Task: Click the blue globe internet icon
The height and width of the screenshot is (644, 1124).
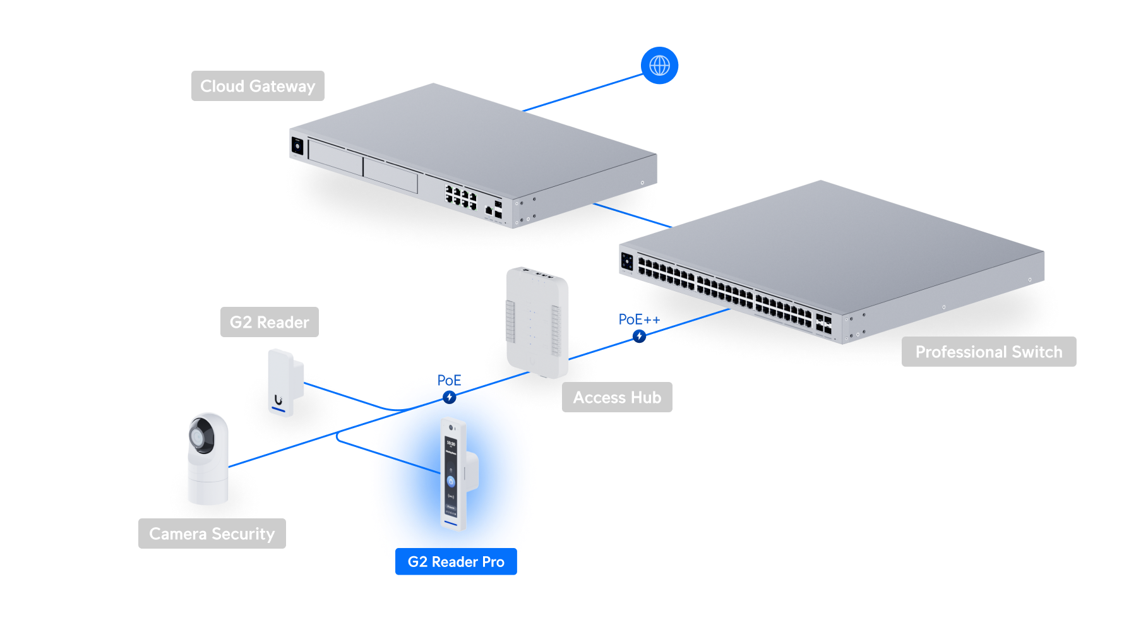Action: [659, 65]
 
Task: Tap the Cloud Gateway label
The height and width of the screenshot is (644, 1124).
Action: [258, 86]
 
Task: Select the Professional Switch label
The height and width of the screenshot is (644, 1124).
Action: [989, 352]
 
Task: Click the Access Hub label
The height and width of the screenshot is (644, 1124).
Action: [617, 397]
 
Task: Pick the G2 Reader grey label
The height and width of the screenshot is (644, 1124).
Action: [270, 322]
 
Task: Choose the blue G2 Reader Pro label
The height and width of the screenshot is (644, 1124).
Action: [456, 561]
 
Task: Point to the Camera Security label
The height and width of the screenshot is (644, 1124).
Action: [212, 534]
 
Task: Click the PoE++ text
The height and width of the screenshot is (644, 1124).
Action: [639, 319]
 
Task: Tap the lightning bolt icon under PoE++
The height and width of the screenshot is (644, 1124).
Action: [640, 337]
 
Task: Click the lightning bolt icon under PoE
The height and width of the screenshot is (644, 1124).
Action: [449, 397]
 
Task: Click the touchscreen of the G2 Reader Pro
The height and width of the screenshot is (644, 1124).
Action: [451, 474]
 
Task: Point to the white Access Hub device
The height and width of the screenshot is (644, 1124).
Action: [537, 322]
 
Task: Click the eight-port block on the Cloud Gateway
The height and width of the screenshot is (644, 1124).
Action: [461, 197]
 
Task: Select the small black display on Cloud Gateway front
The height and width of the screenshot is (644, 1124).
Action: [297, 146]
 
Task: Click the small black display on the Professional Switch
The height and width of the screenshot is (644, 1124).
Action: [627, 261]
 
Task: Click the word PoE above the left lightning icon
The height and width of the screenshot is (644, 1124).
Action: [449, 380]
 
